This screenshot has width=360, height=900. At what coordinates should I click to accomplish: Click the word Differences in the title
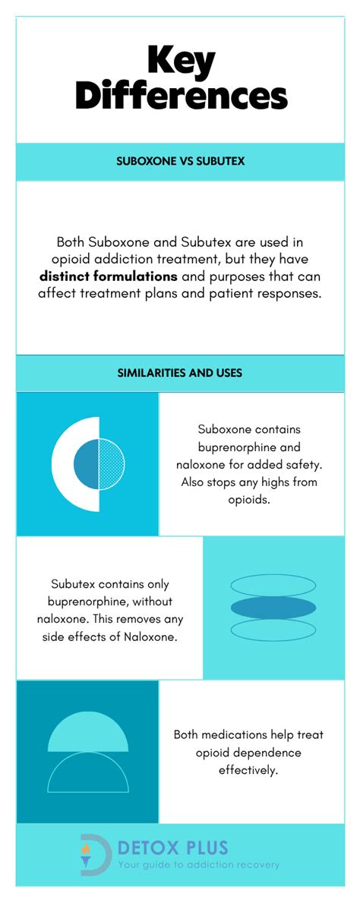click(x=181, y=96)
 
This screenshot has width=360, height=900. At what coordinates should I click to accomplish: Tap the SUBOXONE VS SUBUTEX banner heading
click(x=180, y=162)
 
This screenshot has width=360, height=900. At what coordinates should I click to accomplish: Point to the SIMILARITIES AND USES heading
click(x=180, y=373)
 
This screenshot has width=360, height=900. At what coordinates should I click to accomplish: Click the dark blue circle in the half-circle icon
click(x=87, y=463)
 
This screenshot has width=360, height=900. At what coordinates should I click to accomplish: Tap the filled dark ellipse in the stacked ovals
click(x=273, y=607)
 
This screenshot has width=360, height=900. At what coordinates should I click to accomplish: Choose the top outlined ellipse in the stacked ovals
click(x=273, y=585)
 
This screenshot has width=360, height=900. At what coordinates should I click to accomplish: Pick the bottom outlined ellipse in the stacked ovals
click(x=273, y=630)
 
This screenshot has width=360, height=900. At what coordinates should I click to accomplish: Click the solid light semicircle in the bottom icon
click(x=88, y=734)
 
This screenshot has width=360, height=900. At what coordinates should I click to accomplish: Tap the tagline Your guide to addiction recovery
click(x=198, y=864)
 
